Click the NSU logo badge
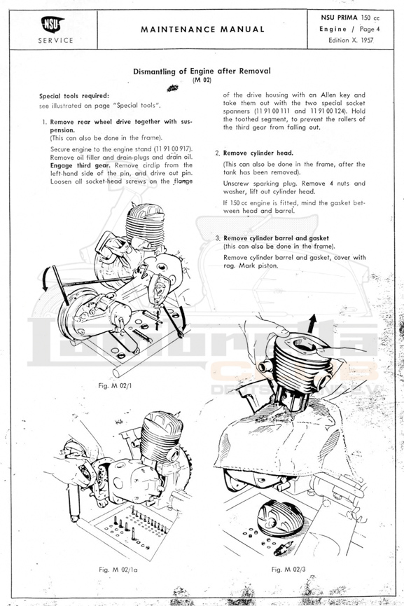click(x=53, y=25)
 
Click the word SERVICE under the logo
click(x=55, y=40)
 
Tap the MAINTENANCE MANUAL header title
click(x=203, y=29)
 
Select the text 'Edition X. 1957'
click(x=351, y=40)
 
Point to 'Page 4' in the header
click(x=370, y=29)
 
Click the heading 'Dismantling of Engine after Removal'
click(x=202, y=71)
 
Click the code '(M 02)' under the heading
click(x=202, y=80)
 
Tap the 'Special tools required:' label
click(x=74, y=96)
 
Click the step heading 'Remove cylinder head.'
click(x=258, y=153)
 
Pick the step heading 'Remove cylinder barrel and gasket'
click(x=276, y=238)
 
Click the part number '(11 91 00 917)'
click(x=174, y=149)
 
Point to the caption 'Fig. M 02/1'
click(x=115, y=386)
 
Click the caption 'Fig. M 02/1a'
click(x=118, y=570)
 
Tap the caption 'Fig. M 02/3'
click(x=288, y=570)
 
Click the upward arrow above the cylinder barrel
click(x=312, y=323)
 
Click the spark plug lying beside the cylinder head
click(x=283, y=548)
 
